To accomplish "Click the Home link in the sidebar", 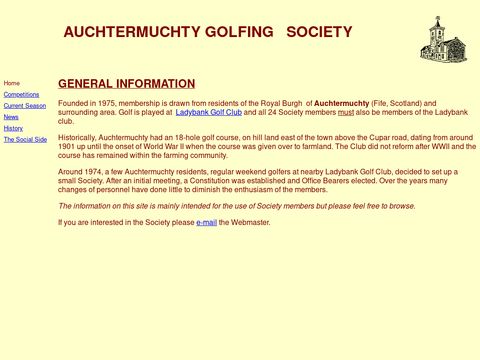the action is click(x=12, y=83).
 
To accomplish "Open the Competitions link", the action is click(x=21, y=94).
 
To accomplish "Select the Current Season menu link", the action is click(x=25, y=105).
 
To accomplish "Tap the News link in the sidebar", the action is click(x=11, y=117).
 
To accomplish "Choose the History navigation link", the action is click(x=13, y=128).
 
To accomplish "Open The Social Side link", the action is click(x=25, y=140).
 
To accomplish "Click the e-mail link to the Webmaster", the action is click(x=206, y=222).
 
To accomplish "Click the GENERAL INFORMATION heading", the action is click(x=126, y=84).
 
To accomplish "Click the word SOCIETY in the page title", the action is click(x=319, y=32).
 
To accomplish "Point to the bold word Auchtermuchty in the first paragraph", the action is click(x=342, y=103).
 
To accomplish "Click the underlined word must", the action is click(x=346, y=112).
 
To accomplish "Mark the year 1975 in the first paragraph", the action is click(x=109, y=103).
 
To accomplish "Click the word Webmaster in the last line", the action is click(x=250, y=222).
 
